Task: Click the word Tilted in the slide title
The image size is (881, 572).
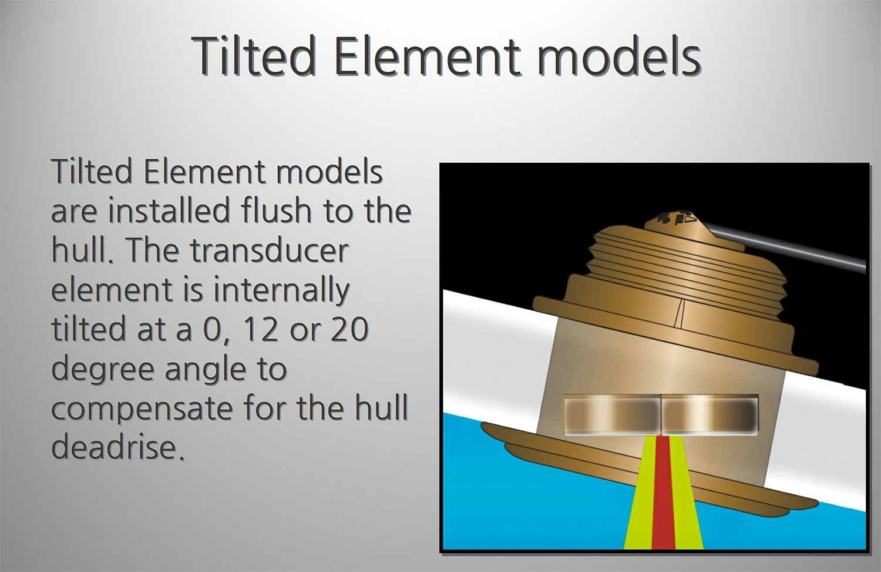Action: pos(254,55)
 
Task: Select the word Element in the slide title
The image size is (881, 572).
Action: pos(428,55)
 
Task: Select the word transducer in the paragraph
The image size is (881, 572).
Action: pos(270,250)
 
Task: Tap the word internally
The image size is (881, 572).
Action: pos(281,290)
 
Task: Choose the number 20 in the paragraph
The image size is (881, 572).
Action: pos(349,330)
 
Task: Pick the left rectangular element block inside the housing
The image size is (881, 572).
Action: pos(611,415)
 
